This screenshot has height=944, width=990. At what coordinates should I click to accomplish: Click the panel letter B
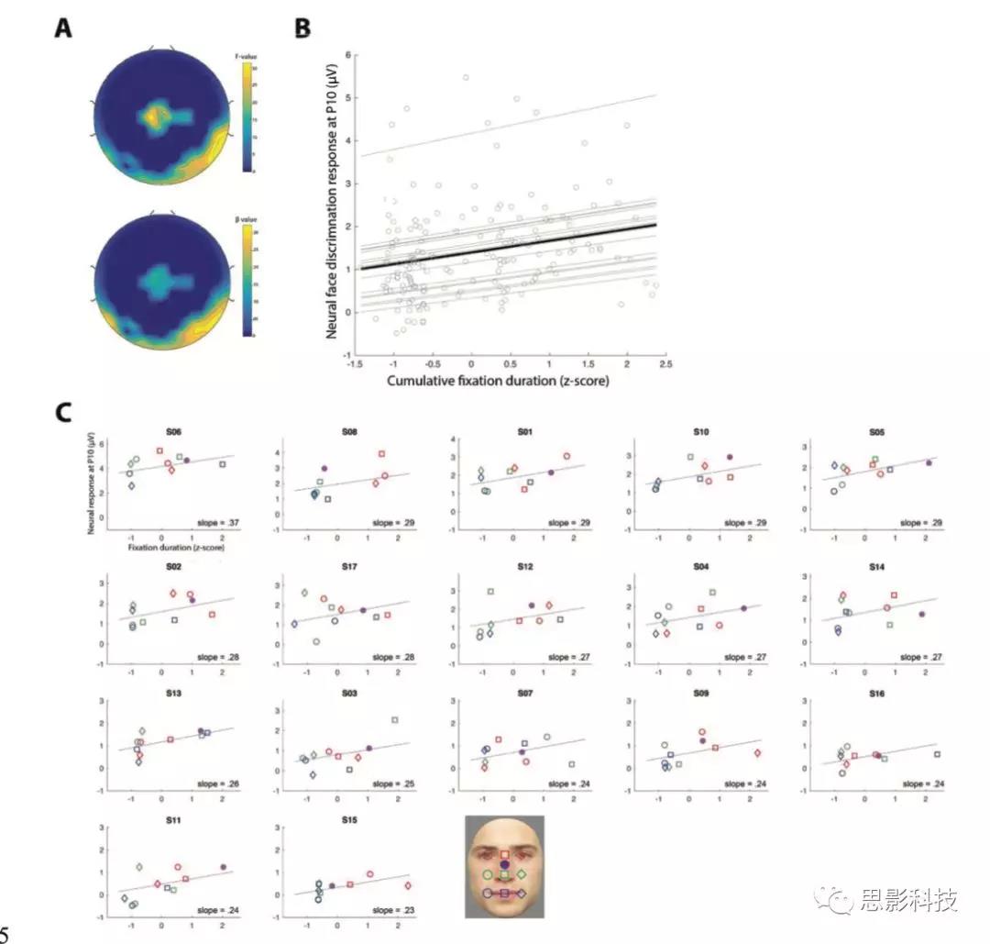point(302,28)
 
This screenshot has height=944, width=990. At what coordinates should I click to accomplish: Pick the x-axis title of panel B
point(497,380)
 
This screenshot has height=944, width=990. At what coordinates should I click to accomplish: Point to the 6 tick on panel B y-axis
point(346,54)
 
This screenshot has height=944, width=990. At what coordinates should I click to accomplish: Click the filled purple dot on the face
point(504,864)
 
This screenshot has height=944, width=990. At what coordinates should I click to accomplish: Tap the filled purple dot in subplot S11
point(223,867)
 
